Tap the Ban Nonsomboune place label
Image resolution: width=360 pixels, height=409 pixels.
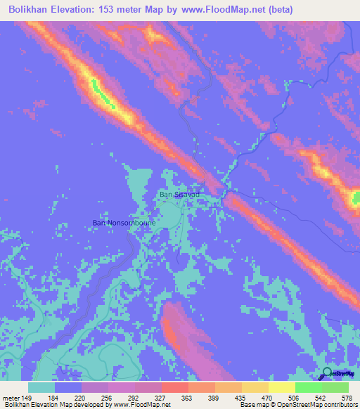124,223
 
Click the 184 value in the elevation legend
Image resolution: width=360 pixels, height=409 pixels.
53,398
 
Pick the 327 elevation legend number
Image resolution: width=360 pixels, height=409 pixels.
160,398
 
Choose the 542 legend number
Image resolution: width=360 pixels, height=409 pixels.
321,398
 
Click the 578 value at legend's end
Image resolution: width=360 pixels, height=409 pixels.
346,398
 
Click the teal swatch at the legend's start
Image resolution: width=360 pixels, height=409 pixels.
41,387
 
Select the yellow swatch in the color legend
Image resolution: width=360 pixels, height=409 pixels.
281,387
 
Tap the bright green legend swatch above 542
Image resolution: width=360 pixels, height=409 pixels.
308,387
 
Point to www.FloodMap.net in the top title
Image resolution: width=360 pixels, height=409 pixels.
227,10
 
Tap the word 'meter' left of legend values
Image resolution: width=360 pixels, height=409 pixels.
12,398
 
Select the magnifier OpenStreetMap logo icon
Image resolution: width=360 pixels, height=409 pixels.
326,375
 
